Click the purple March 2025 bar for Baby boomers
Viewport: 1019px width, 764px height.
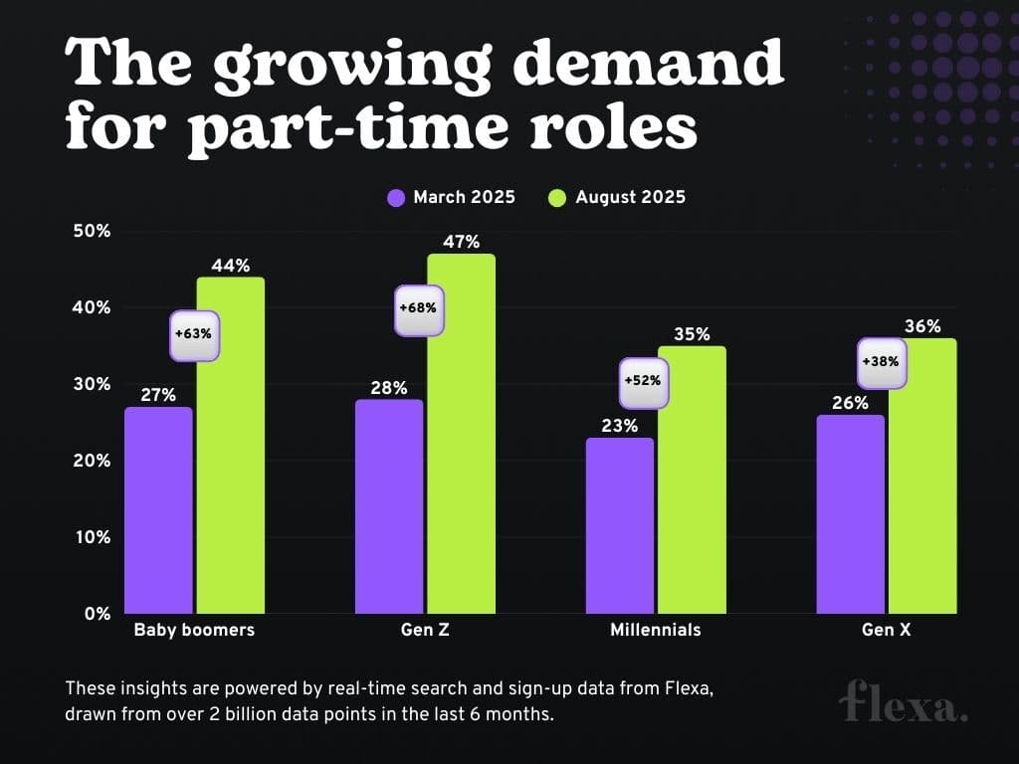pos(158,509)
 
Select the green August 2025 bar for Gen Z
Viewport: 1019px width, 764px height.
pos(461,433)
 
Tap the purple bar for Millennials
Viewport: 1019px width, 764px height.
pos(620,525)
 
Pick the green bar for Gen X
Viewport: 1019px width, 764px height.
pos(922,476)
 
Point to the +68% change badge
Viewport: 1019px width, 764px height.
pos(418,308)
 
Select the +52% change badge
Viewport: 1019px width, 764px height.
pos(643,381)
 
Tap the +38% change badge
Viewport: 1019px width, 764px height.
pos(882,361)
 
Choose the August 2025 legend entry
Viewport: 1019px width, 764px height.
pos(617,197)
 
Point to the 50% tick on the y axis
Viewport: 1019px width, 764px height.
pos(91,231)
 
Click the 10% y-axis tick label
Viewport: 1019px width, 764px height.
pos(91,537)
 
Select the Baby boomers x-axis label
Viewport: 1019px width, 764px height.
pos(194,630)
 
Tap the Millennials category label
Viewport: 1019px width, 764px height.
pos(655,630)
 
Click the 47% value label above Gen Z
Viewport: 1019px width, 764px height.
pos(461,242)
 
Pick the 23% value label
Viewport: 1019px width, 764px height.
pos(620,425)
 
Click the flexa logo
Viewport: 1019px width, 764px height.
pos(903,702)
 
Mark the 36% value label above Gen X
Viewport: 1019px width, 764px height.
pos(922,326)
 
